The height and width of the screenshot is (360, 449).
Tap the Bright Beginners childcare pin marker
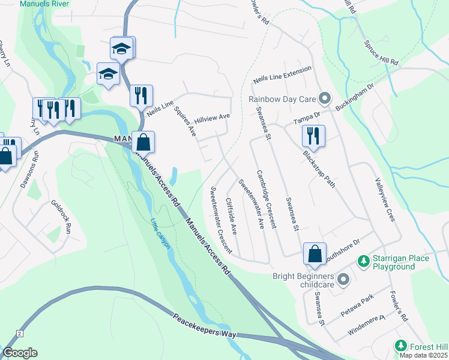point(343,279)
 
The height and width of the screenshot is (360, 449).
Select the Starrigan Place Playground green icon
point(363,261)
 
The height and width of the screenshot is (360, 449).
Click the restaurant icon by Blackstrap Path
point(313,135)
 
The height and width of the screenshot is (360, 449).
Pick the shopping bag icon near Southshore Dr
point(315,254)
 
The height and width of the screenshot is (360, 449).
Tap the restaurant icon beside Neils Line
point(141,95)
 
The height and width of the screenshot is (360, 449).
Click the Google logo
point(20,353)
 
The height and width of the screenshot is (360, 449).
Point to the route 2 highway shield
point(20,332)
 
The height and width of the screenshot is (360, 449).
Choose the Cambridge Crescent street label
point(266,199)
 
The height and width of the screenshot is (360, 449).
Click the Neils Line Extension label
point(283,78)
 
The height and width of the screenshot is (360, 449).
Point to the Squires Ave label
point(185,122)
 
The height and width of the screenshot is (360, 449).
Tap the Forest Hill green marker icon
point(400,346)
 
